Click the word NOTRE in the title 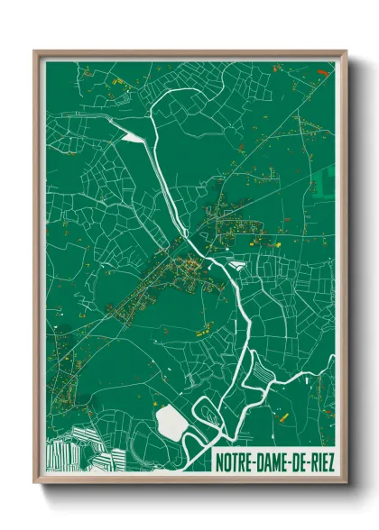(x=237, y=462)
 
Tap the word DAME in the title (x=275, y=462)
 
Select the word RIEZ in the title (x=320, y=462)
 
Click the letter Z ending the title (x=330, y=462)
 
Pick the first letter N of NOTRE (x=220, y=462)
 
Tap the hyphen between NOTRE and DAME (x=256, y=463)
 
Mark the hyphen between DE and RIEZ (x=308, y=463)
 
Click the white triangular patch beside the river (x=132, y=137)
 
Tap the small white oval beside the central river (x=237, y=265)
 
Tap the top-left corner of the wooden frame (x=35, y=51)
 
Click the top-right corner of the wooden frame (x=347, y=51)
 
